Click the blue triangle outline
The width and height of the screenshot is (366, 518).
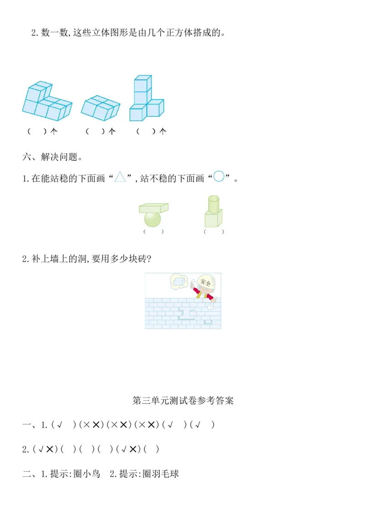[x=120, y=176]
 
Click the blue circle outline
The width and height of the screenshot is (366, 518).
[x=219, y=176]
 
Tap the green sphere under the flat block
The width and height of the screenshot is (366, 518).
[x=152, y=219]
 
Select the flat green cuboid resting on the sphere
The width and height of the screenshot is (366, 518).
[x=153, y=208]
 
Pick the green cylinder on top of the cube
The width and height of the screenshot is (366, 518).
[x=214, y=204]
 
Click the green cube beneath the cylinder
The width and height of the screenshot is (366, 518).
[x=213, y=219]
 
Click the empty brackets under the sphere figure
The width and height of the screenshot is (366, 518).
[x=153, y=232]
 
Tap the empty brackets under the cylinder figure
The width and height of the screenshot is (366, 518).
[x=214, y=232]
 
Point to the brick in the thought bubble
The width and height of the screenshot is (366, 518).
[x=179, y=281]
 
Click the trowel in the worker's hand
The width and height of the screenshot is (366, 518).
[x=211, y=305]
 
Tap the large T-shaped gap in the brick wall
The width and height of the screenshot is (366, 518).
[x=186, y=313]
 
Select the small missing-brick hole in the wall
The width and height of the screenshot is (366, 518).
[x=208, y=322]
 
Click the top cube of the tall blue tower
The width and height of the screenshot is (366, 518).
[x=142, y=83]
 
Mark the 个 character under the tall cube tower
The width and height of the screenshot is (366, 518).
[x=162, y=131]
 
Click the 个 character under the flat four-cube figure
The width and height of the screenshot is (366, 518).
[x=112, y=131]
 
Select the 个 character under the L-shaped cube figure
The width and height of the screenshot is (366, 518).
[x=54, y=131]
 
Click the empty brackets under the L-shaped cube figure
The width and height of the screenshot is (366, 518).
[x=37, y=131]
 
